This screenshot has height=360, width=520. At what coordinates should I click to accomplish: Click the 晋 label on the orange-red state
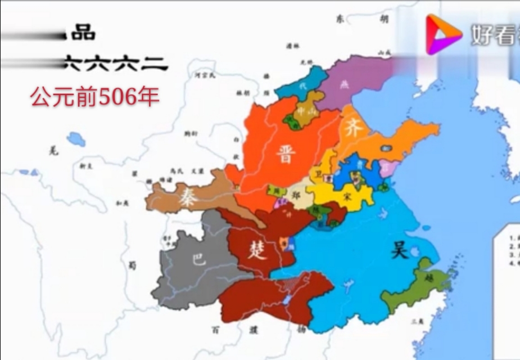click(286, 152)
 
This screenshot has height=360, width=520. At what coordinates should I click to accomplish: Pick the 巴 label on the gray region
click(198, 260)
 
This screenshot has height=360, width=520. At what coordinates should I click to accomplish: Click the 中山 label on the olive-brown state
click(311, 112)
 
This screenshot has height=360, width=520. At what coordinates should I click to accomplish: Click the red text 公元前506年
click(94, 97)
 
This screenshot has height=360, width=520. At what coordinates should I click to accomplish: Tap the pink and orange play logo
click(442, 34)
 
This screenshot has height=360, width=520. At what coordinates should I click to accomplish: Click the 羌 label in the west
click(53, 150)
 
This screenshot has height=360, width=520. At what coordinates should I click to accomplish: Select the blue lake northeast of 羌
click(76, 138)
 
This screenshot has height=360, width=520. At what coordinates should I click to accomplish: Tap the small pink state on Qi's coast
click(386, 167)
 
